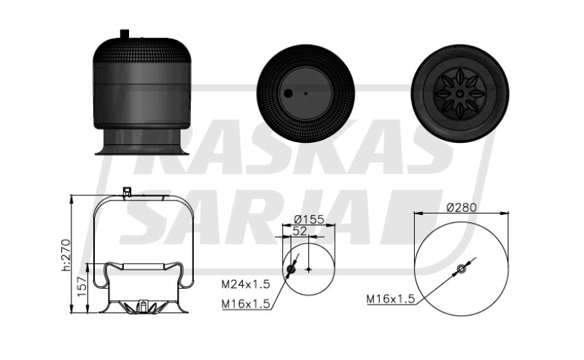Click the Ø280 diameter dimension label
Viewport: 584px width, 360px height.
(462, 208)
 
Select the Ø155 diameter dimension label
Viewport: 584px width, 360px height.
(308, 219)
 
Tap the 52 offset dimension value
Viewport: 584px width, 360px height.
(300, 231)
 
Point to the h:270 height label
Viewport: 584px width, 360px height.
(66, 255)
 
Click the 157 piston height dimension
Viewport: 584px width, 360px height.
(82, 286)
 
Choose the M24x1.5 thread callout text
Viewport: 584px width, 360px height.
(246, 284)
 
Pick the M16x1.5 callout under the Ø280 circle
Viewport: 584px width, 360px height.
(391, 299)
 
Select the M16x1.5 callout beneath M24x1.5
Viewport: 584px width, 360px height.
(246, 304)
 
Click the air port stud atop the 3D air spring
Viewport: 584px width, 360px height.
(125, 34)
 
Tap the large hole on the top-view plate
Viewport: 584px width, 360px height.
(288, 94)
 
